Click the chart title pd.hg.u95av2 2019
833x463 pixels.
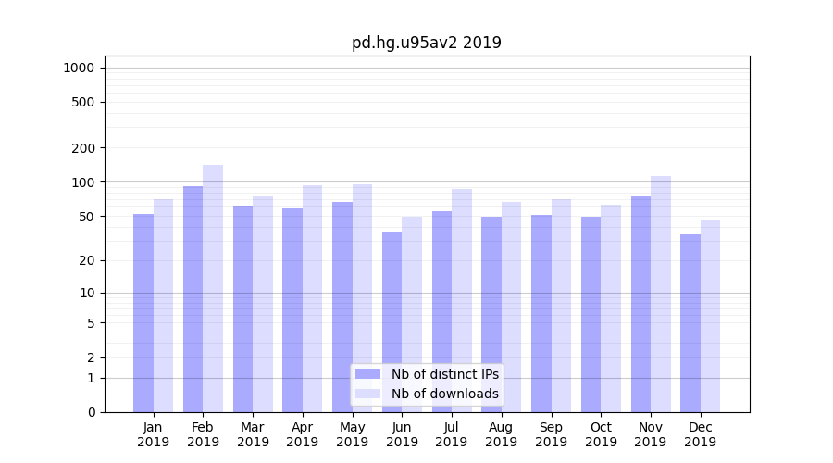tap(426, 43)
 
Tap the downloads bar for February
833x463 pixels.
tap(213, 288)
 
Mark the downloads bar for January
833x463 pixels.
tap(163, 306)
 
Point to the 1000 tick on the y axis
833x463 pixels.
tap(79, 68)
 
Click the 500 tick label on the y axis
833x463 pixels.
tap(83, 102)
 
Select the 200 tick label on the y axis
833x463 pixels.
tap(83, 148)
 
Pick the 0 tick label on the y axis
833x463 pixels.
tap(91, 412)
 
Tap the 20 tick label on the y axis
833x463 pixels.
tap(87, 260)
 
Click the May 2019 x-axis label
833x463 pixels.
tap(352, 434)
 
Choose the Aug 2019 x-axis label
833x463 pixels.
tap(501, 434)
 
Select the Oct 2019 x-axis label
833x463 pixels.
tap(601, 434)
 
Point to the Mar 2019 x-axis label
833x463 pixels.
tap(253, 434)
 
